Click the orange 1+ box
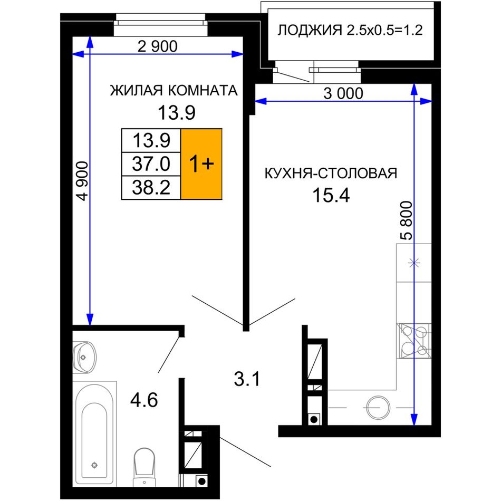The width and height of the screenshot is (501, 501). [201, 164]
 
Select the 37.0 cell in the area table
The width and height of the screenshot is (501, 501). [151, 164]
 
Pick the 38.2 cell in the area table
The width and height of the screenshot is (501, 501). [151, 188]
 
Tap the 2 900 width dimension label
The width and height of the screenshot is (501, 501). [157, 46]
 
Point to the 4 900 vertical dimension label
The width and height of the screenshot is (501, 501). [83, 181]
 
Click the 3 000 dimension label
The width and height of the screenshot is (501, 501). [343, 94]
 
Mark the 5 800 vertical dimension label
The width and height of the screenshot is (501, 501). [407, 220]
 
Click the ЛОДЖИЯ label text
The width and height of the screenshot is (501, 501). [309, 31]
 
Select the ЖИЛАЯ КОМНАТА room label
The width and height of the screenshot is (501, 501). [174, 90]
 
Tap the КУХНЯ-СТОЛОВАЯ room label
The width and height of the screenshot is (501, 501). [331, 174]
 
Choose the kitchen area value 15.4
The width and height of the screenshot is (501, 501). [331, 195]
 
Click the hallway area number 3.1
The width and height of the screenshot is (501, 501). [247, 379]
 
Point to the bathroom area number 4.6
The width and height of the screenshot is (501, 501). [144, 400]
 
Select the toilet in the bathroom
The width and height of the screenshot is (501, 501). [144, 467]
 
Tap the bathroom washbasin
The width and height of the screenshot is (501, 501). [84, 357]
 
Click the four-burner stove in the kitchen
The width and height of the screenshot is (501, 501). [414, 341]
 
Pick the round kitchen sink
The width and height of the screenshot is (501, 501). [378, 408]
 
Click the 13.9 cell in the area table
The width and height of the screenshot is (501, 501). [151, 140]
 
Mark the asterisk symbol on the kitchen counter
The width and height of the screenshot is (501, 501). [414, 263]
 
